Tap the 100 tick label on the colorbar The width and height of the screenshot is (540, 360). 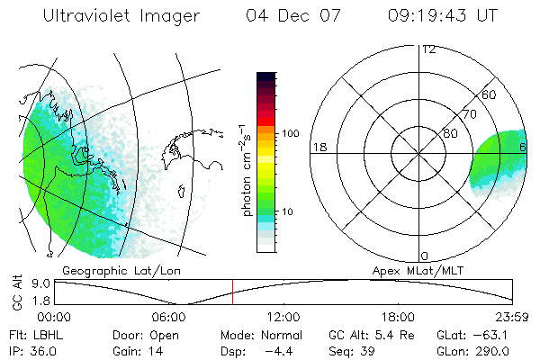(x=290, y=133)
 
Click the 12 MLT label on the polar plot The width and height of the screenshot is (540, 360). (x=428, y=49)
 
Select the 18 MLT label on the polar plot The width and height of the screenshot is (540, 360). (x=318, y=147)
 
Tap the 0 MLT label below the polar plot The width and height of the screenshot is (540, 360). (x=425, y=256)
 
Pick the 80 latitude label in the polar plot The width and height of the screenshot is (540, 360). (x=449, y=133)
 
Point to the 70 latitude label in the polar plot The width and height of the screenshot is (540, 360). (x=469, y=114)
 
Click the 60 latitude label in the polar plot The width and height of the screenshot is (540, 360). (x=489, y=94)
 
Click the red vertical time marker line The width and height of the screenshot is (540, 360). (x=232, y=292)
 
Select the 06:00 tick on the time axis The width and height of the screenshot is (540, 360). (x=169, y=316)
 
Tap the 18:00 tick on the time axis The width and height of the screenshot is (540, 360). (x=398, y=316)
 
